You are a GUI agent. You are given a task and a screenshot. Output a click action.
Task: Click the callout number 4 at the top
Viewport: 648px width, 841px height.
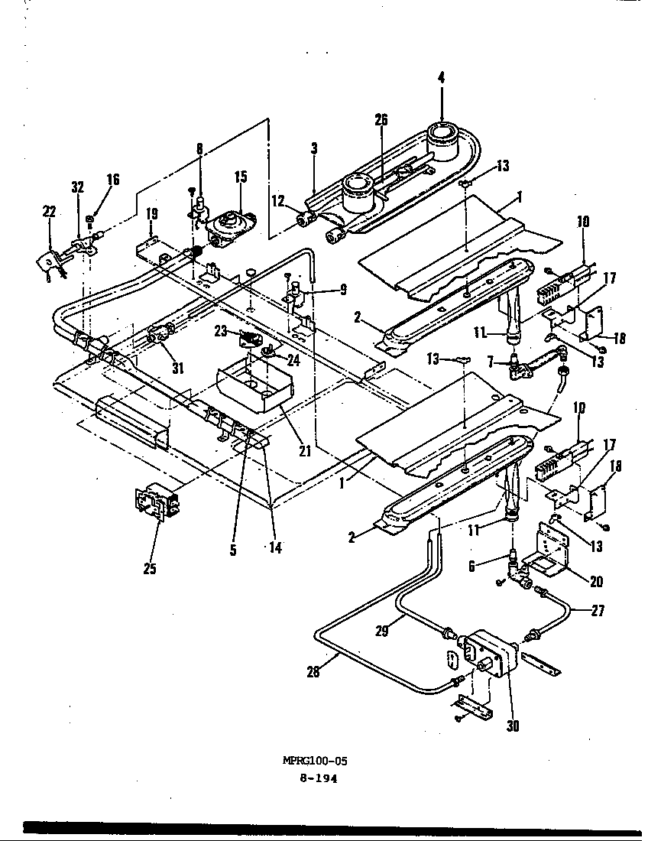point(442,77)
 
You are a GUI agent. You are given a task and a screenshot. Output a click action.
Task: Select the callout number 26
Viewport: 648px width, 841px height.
point(381,119)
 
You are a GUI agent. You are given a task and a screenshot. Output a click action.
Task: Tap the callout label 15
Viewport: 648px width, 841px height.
point(241,177)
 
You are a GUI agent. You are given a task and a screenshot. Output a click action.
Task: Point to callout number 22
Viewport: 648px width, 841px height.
point(50,212)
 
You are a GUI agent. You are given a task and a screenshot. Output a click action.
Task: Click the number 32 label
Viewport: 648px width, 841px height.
point(77,187)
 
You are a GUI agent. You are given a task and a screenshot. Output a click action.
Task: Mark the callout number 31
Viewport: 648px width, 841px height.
point(177,368)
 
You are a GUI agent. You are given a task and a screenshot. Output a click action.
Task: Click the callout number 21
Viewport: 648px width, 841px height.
point(305,451)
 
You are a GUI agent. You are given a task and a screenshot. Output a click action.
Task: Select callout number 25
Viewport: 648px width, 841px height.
point(150,569)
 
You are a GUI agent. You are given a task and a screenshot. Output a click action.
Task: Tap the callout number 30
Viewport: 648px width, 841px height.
point(513,726)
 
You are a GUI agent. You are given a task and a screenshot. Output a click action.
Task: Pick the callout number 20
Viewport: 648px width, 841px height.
point(596,582)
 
